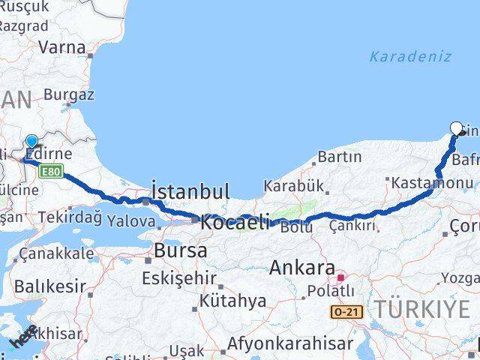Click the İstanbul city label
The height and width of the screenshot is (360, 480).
(190, 191)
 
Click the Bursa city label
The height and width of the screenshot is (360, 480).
(180, 250)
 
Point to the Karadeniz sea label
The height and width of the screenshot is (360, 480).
(410, 56)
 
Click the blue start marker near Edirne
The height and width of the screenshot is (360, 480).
(31, 141)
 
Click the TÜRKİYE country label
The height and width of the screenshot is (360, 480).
(424, 307)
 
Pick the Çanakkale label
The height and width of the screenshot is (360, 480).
(57, 253)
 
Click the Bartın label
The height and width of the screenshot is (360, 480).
(340, 157)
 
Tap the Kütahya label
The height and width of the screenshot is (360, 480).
(232, 301)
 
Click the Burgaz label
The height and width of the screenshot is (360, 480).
(69, 95)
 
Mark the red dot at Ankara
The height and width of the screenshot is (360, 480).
(341, 275)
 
